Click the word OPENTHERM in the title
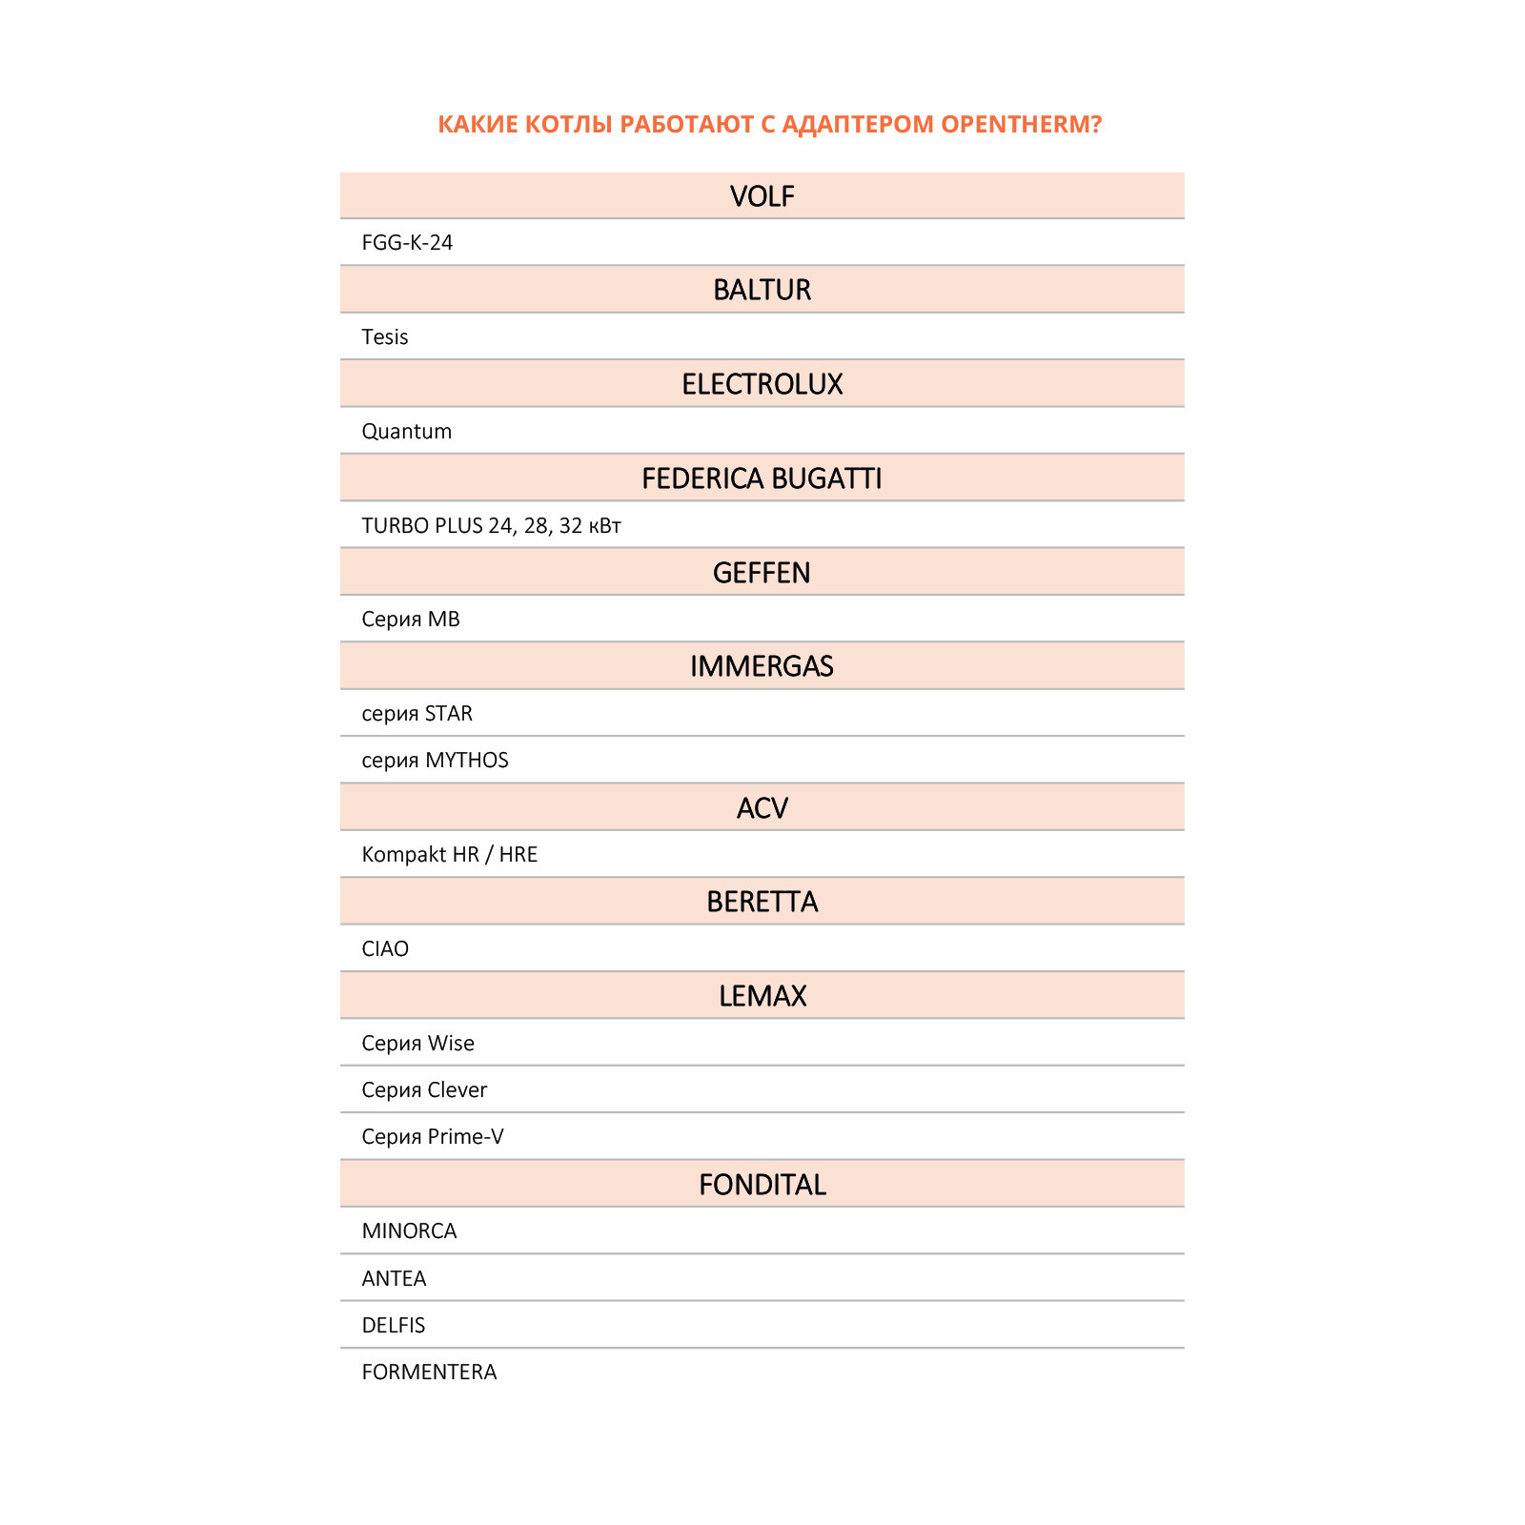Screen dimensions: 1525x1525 1020,125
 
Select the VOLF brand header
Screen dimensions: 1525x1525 762,196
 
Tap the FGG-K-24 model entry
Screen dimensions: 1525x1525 407,243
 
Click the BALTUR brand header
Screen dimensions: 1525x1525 762,290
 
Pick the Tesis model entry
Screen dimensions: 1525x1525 385,337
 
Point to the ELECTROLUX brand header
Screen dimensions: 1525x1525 762,384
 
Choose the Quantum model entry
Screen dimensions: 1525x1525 407,432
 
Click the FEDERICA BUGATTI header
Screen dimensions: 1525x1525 762,478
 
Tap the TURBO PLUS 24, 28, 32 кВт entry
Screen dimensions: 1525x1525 491,526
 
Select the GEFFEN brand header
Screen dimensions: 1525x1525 762,573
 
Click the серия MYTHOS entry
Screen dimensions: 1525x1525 435,761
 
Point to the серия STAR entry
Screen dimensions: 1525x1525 417,714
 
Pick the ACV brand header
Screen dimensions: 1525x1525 762,808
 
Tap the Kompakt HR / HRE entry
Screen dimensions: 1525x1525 449,855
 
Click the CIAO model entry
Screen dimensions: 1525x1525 385,949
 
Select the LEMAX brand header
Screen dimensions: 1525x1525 762,996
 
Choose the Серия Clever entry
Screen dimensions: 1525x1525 424,1090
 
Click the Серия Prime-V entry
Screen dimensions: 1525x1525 433,1137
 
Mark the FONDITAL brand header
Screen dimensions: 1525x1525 762,1185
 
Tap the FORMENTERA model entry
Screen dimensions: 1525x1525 429,1372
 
